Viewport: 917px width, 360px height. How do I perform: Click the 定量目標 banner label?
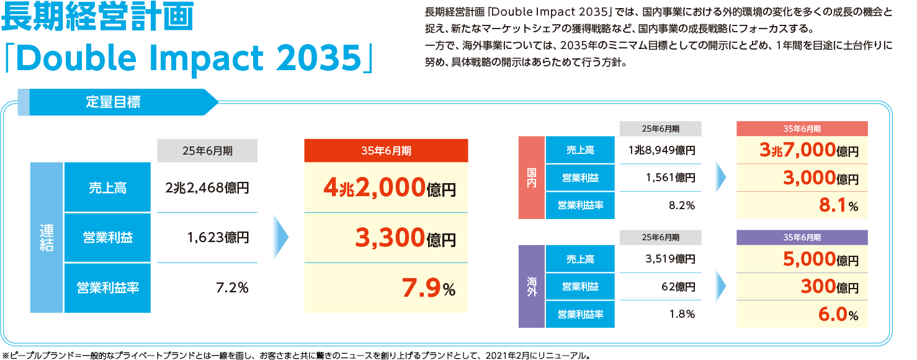[113, 102]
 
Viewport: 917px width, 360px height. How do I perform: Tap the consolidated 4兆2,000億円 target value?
[390, 187]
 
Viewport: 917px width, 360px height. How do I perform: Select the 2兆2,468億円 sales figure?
[207, 187]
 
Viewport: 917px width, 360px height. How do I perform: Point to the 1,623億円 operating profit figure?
[217, 237]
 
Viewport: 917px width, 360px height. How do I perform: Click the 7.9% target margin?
[428, 287]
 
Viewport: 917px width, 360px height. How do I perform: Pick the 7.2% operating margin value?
[231, 287]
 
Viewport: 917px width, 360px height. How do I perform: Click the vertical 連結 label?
[47, 238]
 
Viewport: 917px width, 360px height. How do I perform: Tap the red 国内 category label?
[532, 178]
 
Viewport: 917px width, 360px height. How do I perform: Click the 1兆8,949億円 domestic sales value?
[661, 150]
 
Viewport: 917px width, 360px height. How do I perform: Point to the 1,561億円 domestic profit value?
[670, 178]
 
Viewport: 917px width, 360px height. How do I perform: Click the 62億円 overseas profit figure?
[679, 287]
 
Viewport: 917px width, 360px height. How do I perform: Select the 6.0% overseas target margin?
[837, 314]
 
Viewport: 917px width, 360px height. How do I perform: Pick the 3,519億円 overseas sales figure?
[670, 259]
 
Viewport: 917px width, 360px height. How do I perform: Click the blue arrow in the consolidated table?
[280, 238]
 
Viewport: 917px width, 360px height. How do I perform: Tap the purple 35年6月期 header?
[802, 238]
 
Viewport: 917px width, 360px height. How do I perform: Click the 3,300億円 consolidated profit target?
[405, 238]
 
